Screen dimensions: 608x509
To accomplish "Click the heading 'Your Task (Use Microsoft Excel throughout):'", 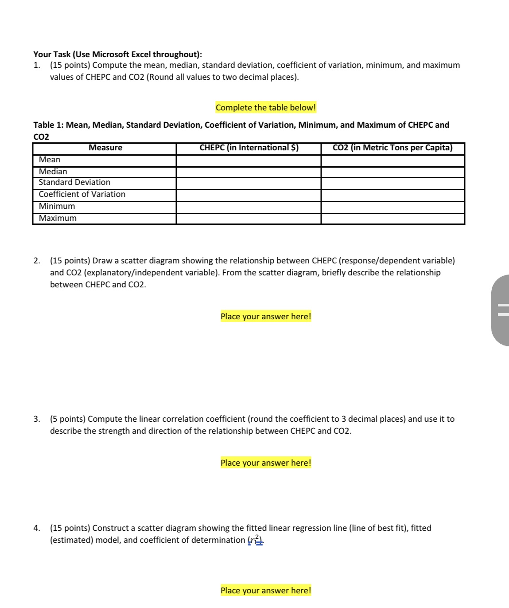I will tap(117, 55).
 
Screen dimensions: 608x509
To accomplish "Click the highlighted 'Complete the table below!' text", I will tap(266, 108).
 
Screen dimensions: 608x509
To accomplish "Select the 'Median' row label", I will tap(53, 172).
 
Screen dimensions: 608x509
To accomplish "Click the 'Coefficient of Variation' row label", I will tap(82, 194).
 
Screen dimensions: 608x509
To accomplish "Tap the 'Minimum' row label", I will tap(57, 206).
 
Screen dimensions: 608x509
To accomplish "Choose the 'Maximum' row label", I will tap(58, 218).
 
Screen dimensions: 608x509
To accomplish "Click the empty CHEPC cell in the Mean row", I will tap(249, 161).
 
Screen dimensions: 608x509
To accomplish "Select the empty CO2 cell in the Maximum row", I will tap(392, 219).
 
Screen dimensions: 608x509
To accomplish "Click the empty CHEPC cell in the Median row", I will tap(249, 172).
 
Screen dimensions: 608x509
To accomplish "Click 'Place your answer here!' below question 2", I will tap(266, 317).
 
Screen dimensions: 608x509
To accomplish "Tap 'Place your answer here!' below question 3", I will tap(266, 463).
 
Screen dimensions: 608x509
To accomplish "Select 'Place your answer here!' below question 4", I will tap(266, 591).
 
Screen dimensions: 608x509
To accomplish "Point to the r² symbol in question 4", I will tap(256, 540).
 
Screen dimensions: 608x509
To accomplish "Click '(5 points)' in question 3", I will tap(68, 419).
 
